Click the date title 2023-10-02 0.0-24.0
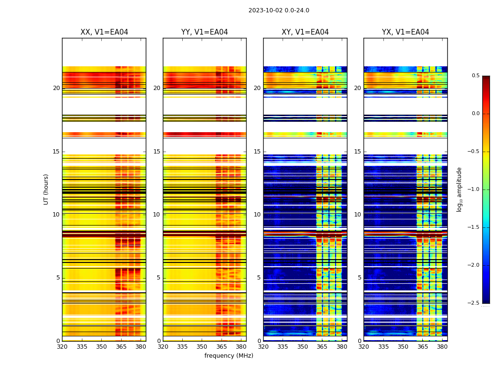279,10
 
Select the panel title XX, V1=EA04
104,32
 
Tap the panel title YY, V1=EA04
204,32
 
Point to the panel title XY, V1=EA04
305,32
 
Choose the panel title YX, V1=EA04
405,32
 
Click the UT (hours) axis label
46,189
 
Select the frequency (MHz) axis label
229,356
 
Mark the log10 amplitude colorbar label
459,189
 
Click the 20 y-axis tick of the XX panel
56,88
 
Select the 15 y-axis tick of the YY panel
157,152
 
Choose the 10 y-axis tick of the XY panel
257,215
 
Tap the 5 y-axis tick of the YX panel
360,278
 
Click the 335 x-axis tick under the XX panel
81,347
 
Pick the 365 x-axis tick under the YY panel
222,347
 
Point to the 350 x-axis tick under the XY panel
302,347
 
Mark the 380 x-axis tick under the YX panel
442,347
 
